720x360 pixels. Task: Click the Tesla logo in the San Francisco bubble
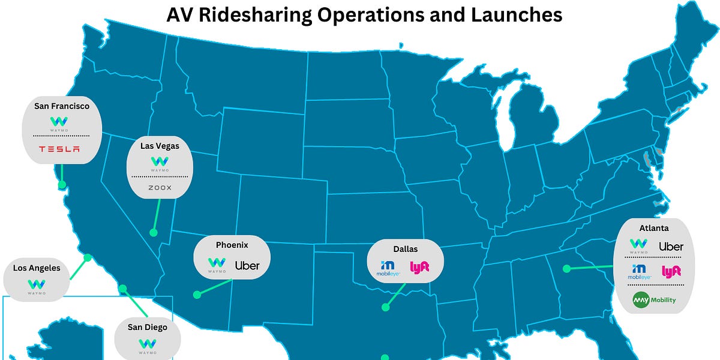click(59, 149)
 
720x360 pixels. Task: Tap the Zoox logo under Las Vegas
click(160, 188)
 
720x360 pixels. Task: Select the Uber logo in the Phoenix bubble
click(247, 265)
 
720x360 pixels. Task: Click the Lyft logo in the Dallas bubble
click(419, 267)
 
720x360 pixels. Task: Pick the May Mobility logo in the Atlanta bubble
click(654, 299)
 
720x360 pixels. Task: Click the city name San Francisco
click(62, 106)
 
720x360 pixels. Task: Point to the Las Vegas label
click(160, 145)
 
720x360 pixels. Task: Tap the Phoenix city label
click(232, 245)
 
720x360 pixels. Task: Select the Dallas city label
click(406, 248)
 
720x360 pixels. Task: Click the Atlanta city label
click(654, 228)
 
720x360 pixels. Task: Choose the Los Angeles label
click(37, 268)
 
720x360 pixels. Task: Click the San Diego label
click(147, 327)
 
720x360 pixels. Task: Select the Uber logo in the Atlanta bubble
click(671, 247)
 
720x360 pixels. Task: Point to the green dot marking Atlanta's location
click(566, 269)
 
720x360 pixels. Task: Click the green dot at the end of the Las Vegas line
click(153, 232)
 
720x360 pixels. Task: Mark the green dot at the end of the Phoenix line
click(196, 295)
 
